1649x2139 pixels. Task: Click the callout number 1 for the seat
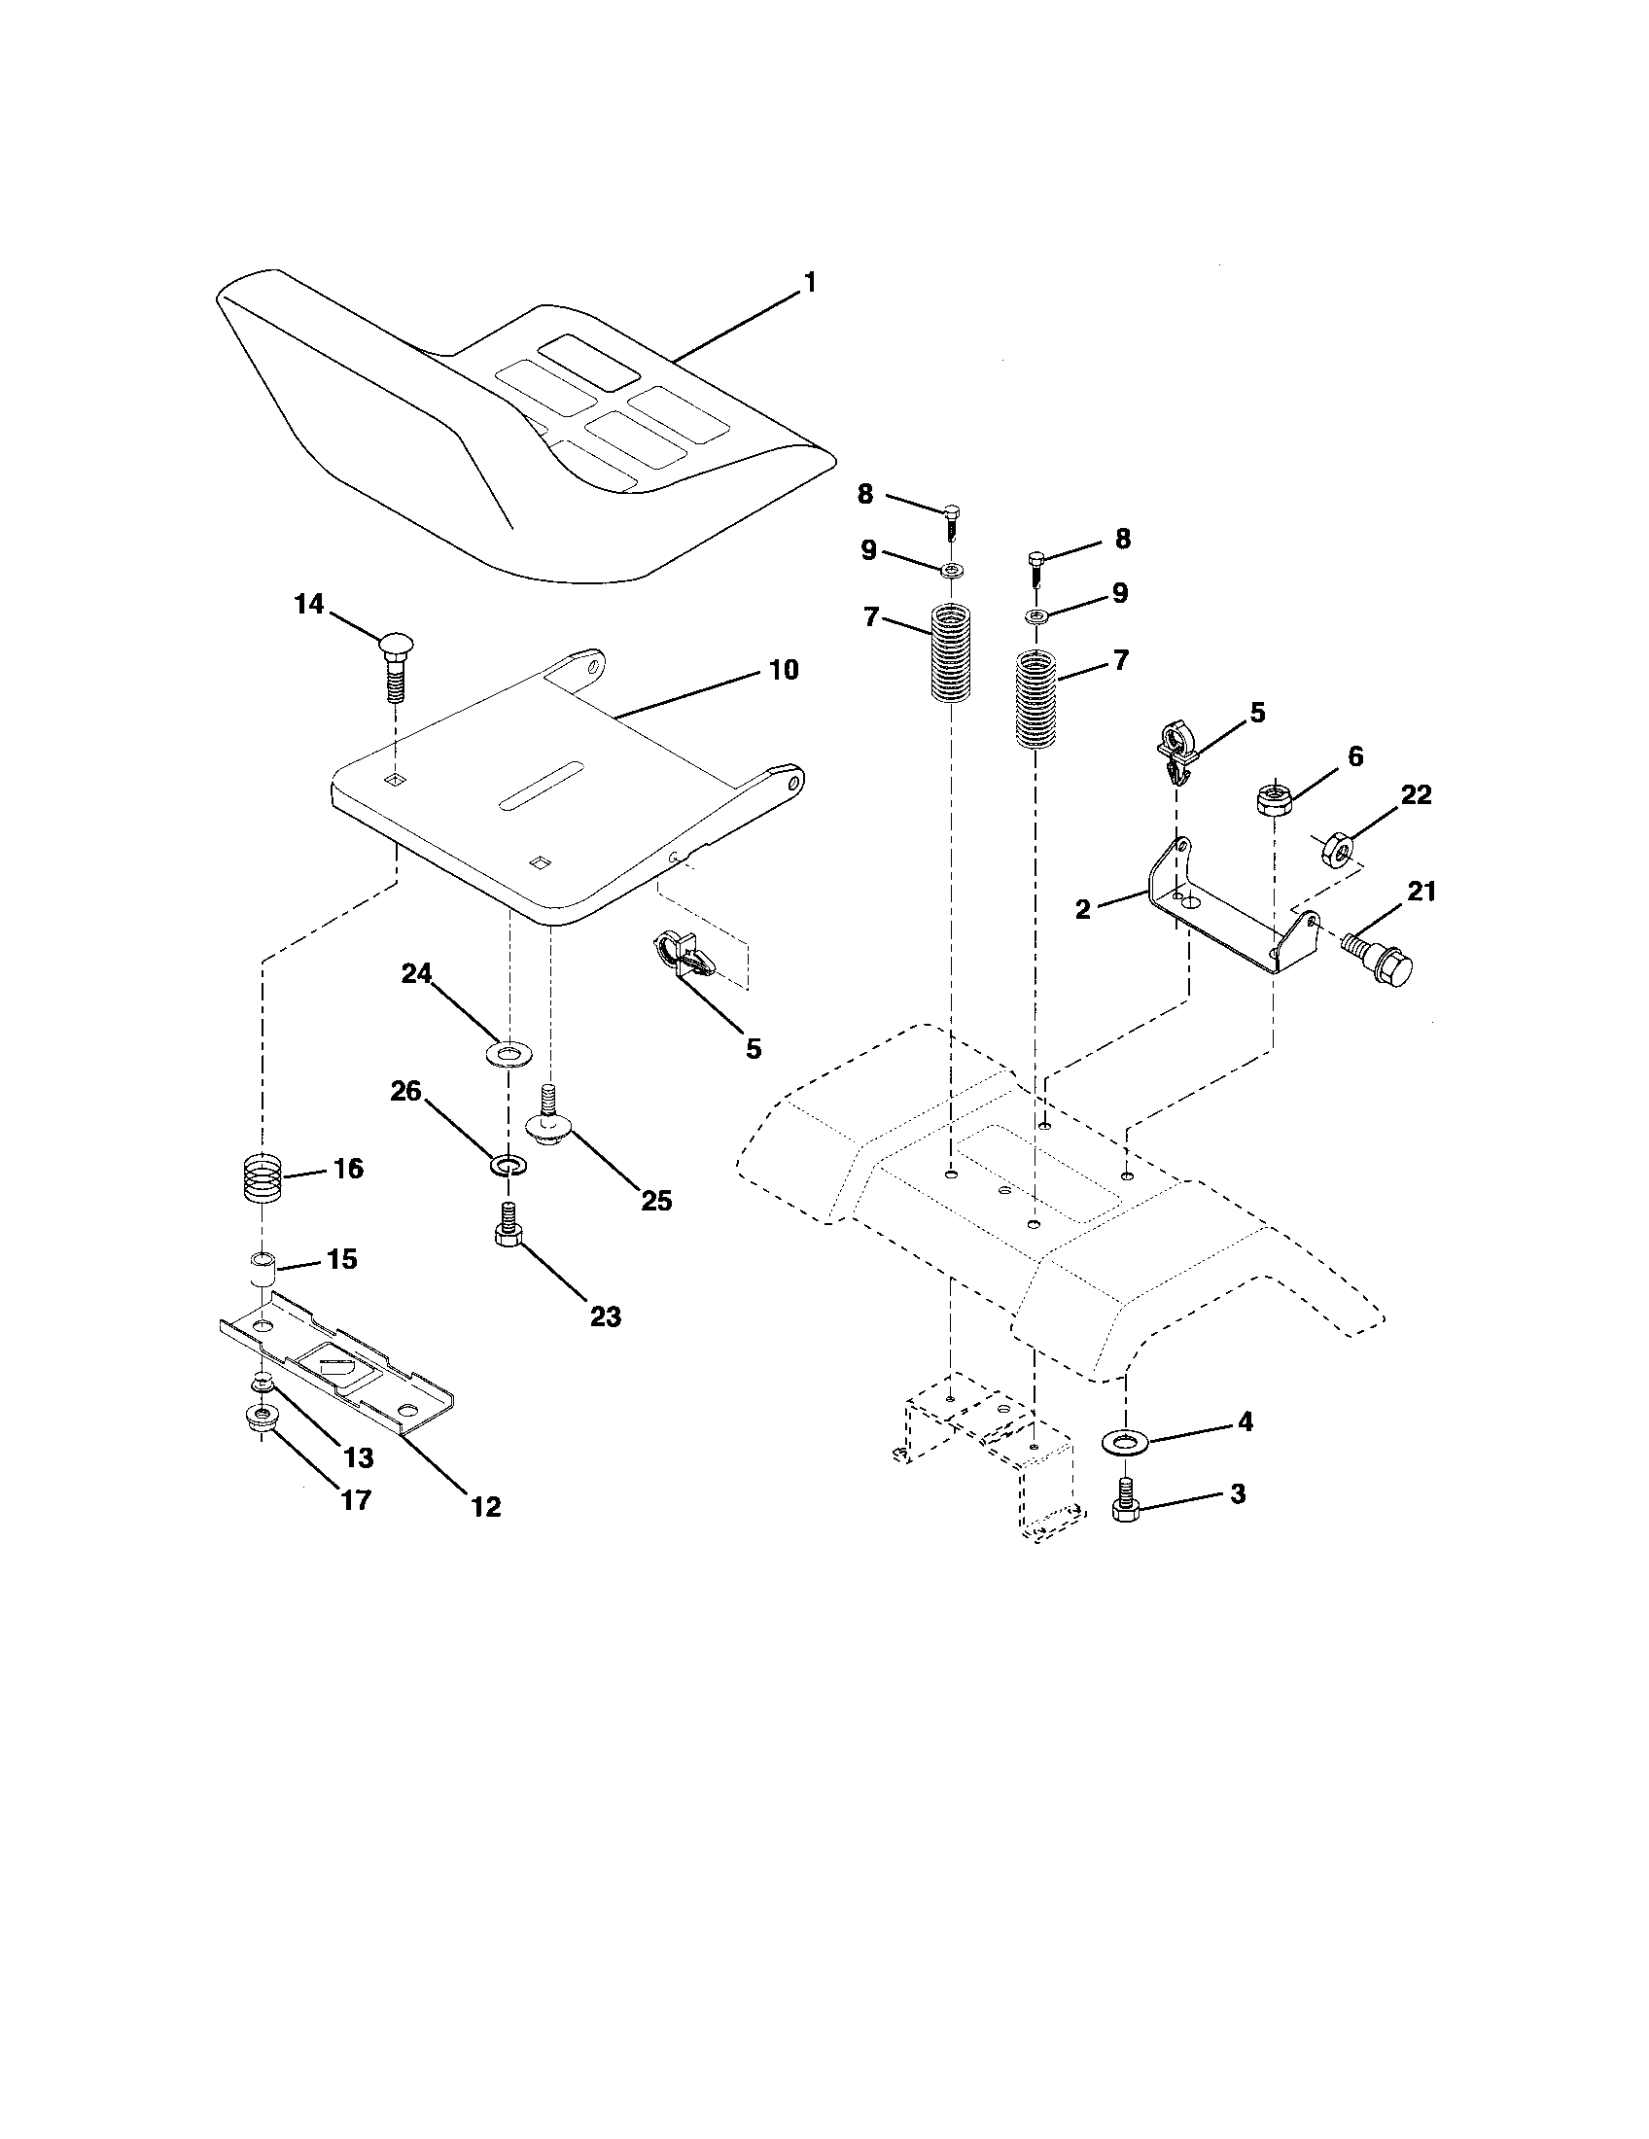coord(809,283)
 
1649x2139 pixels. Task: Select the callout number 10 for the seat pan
coord(784,670)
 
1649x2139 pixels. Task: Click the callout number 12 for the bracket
coord(485,1506)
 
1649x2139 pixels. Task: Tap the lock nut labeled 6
coord(1272,796)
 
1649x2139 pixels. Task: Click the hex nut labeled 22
coord(1338,843)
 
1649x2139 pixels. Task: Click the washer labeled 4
coord(1126,1441)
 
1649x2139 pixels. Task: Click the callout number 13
coord(360,1457)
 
